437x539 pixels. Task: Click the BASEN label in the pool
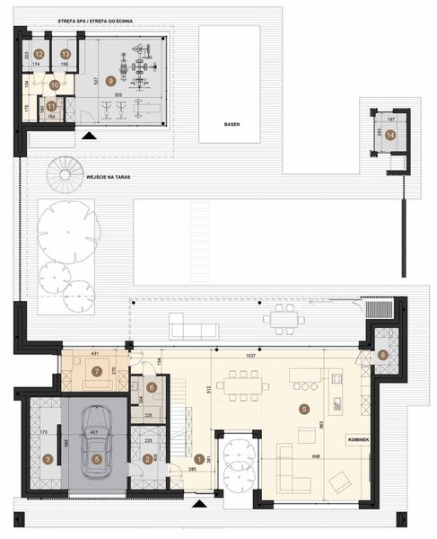coord(232,125)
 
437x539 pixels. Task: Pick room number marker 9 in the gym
coord(110,79)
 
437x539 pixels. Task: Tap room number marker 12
coord(39,55)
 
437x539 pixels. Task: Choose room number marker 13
coord(66,55)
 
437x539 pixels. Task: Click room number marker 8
coord(382,354)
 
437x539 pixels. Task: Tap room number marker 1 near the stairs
coord(198,459)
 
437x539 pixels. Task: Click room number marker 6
coord(152,387)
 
